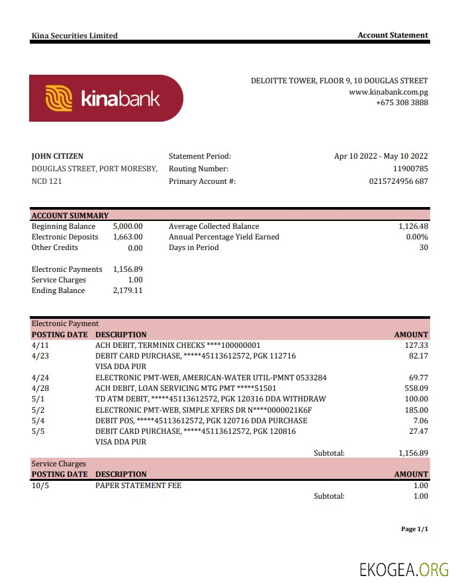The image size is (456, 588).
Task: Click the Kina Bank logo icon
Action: point(58,99)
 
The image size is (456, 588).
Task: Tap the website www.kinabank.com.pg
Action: point(388,92)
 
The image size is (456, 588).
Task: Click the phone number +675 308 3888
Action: point(402,103)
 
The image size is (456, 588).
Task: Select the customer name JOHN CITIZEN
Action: point(58,156)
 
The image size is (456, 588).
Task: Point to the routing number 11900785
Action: point(410,169)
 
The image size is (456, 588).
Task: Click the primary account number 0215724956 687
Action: point(398,181)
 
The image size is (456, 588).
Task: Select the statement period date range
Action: point(381,156)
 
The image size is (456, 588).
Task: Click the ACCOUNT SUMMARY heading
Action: point(70,216)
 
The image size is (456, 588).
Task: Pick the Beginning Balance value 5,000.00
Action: point(128,226)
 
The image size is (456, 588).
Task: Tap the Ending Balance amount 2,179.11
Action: point(128,290)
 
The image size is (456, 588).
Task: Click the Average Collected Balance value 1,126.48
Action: point(413,226)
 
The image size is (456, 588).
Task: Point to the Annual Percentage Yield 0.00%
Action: point(417,237)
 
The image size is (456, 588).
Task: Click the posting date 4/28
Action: point(40,388)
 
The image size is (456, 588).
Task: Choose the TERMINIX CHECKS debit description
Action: point(178,345)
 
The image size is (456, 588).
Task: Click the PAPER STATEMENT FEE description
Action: point(138,485)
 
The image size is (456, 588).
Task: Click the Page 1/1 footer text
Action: point(414,529)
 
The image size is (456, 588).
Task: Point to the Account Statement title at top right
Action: point(392,35)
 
